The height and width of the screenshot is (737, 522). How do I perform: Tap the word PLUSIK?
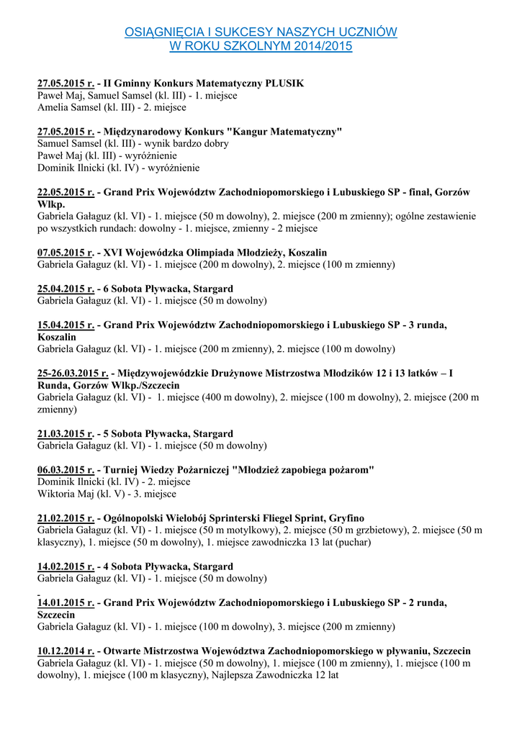284,83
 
